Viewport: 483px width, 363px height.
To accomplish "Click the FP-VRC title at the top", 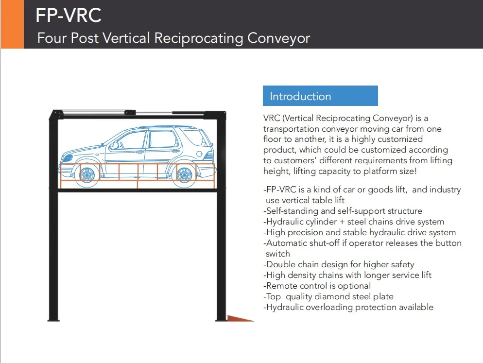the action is (69, 15).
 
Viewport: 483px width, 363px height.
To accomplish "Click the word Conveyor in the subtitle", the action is (278, 38).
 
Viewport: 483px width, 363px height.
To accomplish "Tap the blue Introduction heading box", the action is (320, 96).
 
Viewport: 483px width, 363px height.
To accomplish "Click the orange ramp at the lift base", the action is (240, 318).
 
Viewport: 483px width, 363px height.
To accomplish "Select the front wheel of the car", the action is (87, 175).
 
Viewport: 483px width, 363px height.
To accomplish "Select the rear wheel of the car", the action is (184, 175).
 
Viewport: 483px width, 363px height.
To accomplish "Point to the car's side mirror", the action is (115, 145).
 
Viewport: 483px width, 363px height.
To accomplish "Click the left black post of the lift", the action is (53, 216).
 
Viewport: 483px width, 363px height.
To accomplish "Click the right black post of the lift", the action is (221, 216).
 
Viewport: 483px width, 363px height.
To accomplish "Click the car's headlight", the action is (67, 158).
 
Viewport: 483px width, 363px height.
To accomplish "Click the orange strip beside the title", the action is (12, 24).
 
